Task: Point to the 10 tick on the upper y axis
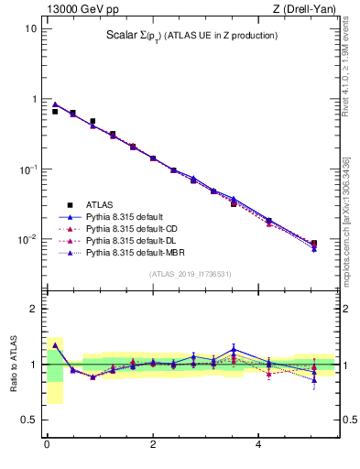31,28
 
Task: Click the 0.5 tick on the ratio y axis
28,420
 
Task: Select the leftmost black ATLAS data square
55,112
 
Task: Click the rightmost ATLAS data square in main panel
314,244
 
